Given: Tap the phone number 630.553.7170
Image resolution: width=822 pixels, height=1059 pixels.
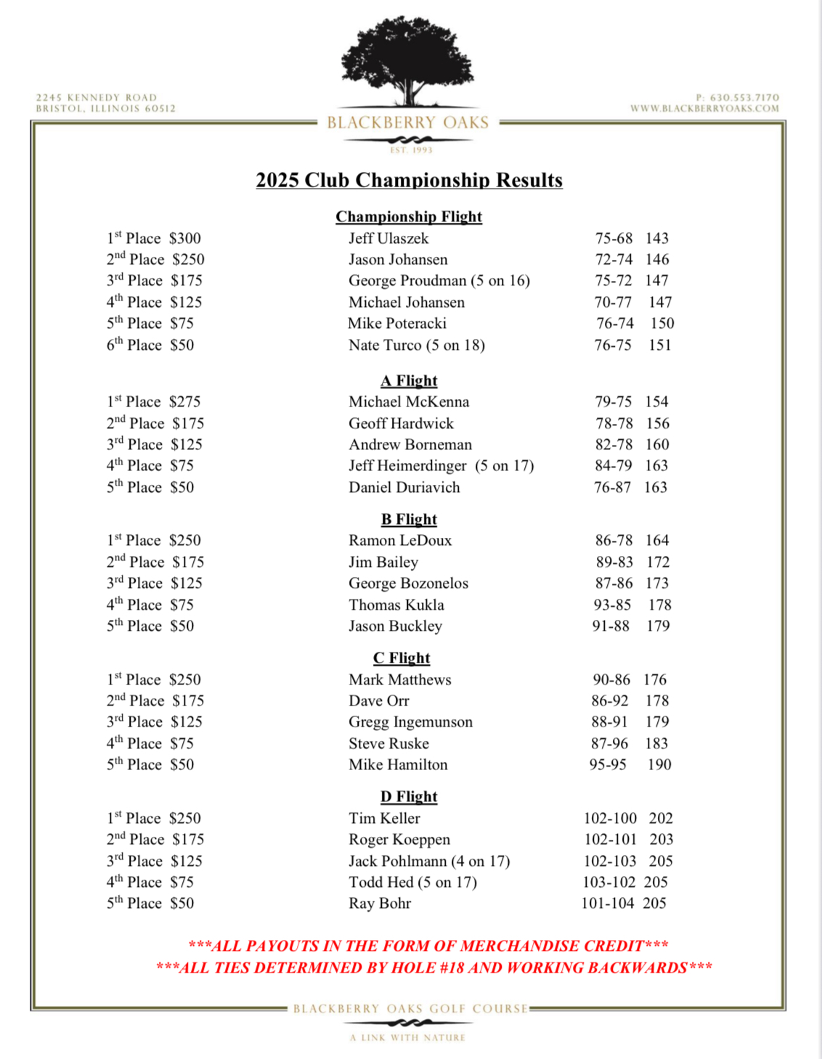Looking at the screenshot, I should point(744,97).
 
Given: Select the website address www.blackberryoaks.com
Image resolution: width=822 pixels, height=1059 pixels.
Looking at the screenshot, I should point(704,108).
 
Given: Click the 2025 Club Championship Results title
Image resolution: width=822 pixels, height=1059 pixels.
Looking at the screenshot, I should point(409,180).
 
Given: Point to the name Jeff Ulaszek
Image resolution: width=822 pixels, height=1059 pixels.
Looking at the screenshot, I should point(388,238).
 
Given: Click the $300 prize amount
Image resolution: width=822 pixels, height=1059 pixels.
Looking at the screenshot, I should point(185,238).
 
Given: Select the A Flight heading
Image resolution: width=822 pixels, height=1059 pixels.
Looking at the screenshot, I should point(409,380).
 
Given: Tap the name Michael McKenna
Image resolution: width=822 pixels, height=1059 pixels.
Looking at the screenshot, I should point(409,401).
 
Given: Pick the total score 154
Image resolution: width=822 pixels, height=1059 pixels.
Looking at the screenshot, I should point(656,401).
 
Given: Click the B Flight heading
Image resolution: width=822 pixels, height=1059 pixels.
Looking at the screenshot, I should point(409,519).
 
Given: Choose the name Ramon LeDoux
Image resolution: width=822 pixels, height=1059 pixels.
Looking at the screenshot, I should point(400,540).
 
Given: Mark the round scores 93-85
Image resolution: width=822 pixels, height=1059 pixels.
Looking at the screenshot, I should point(612,605).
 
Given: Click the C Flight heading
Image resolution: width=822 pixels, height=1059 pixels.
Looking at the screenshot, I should point(402,658).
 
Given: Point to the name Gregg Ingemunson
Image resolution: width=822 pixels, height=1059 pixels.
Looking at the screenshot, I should point(410,721).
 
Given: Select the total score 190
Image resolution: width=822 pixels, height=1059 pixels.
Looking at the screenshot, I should point(659,764).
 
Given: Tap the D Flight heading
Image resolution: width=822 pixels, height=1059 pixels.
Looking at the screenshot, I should point(409,796).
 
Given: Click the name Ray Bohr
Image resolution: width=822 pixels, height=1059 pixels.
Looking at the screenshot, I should point(380,903).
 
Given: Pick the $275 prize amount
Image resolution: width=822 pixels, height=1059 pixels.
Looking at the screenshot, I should point(185,401).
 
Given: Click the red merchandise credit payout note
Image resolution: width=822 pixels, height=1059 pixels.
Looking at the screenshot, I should point(428,946).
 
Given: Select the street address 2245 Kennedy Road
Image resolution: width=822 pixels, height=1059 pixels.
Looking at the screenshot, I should point(97,97).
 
